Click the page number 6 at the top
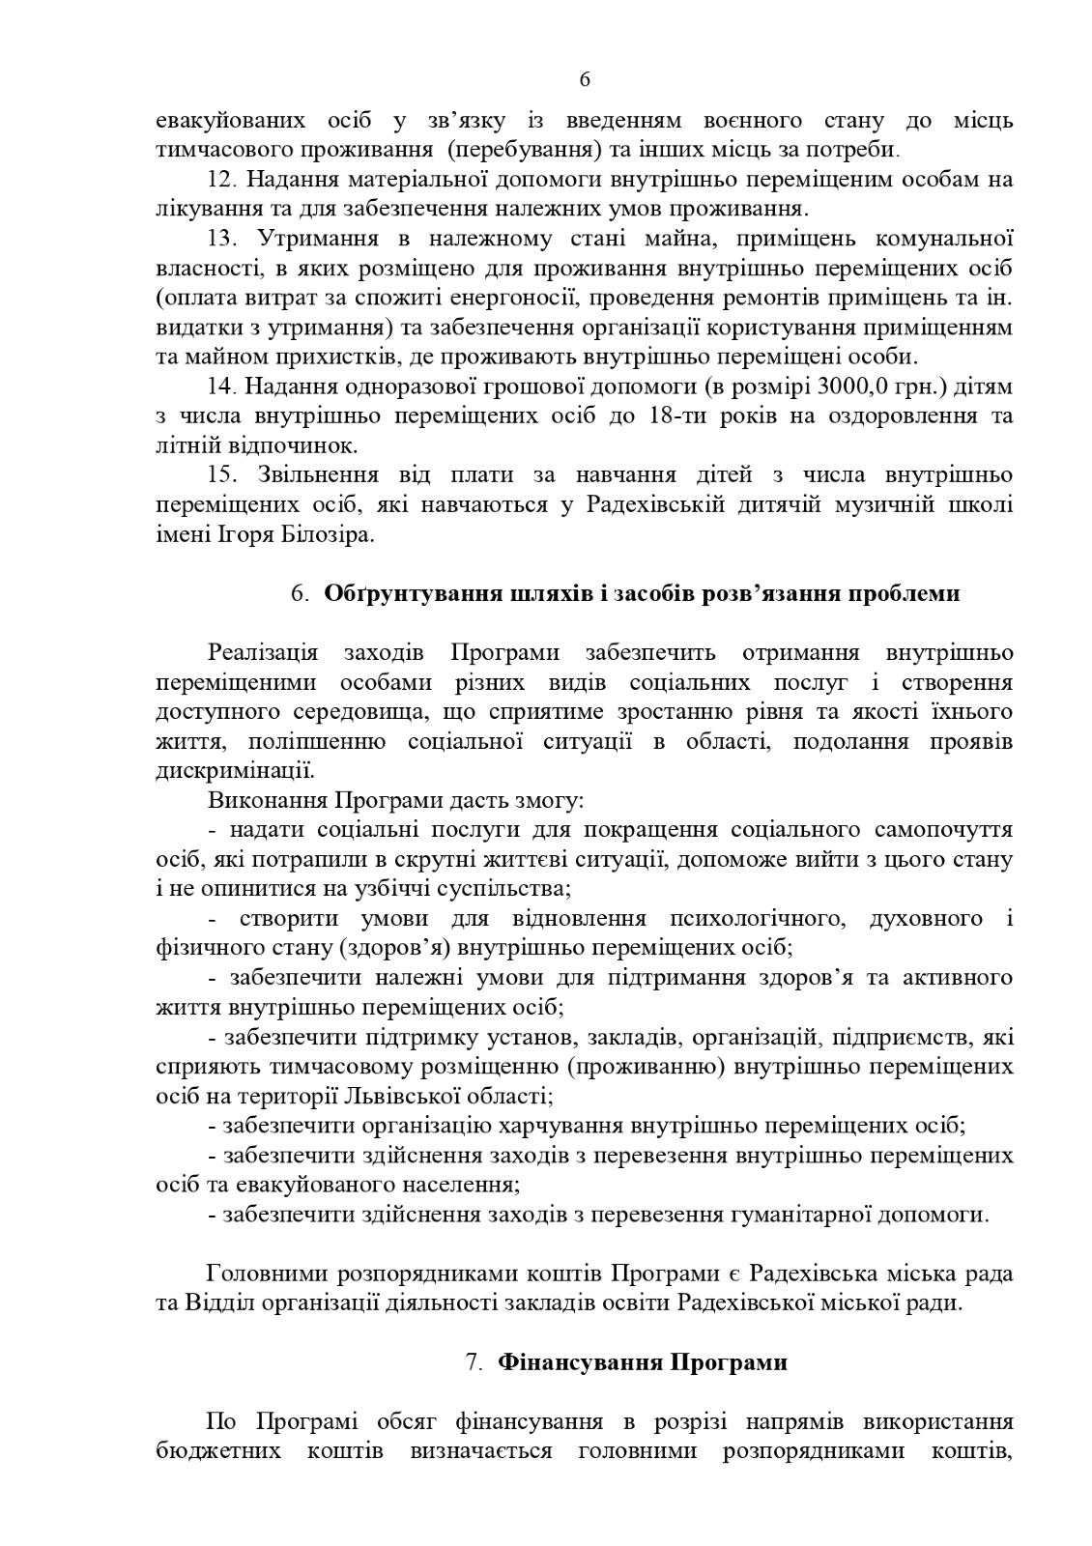tap(585, 80)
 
